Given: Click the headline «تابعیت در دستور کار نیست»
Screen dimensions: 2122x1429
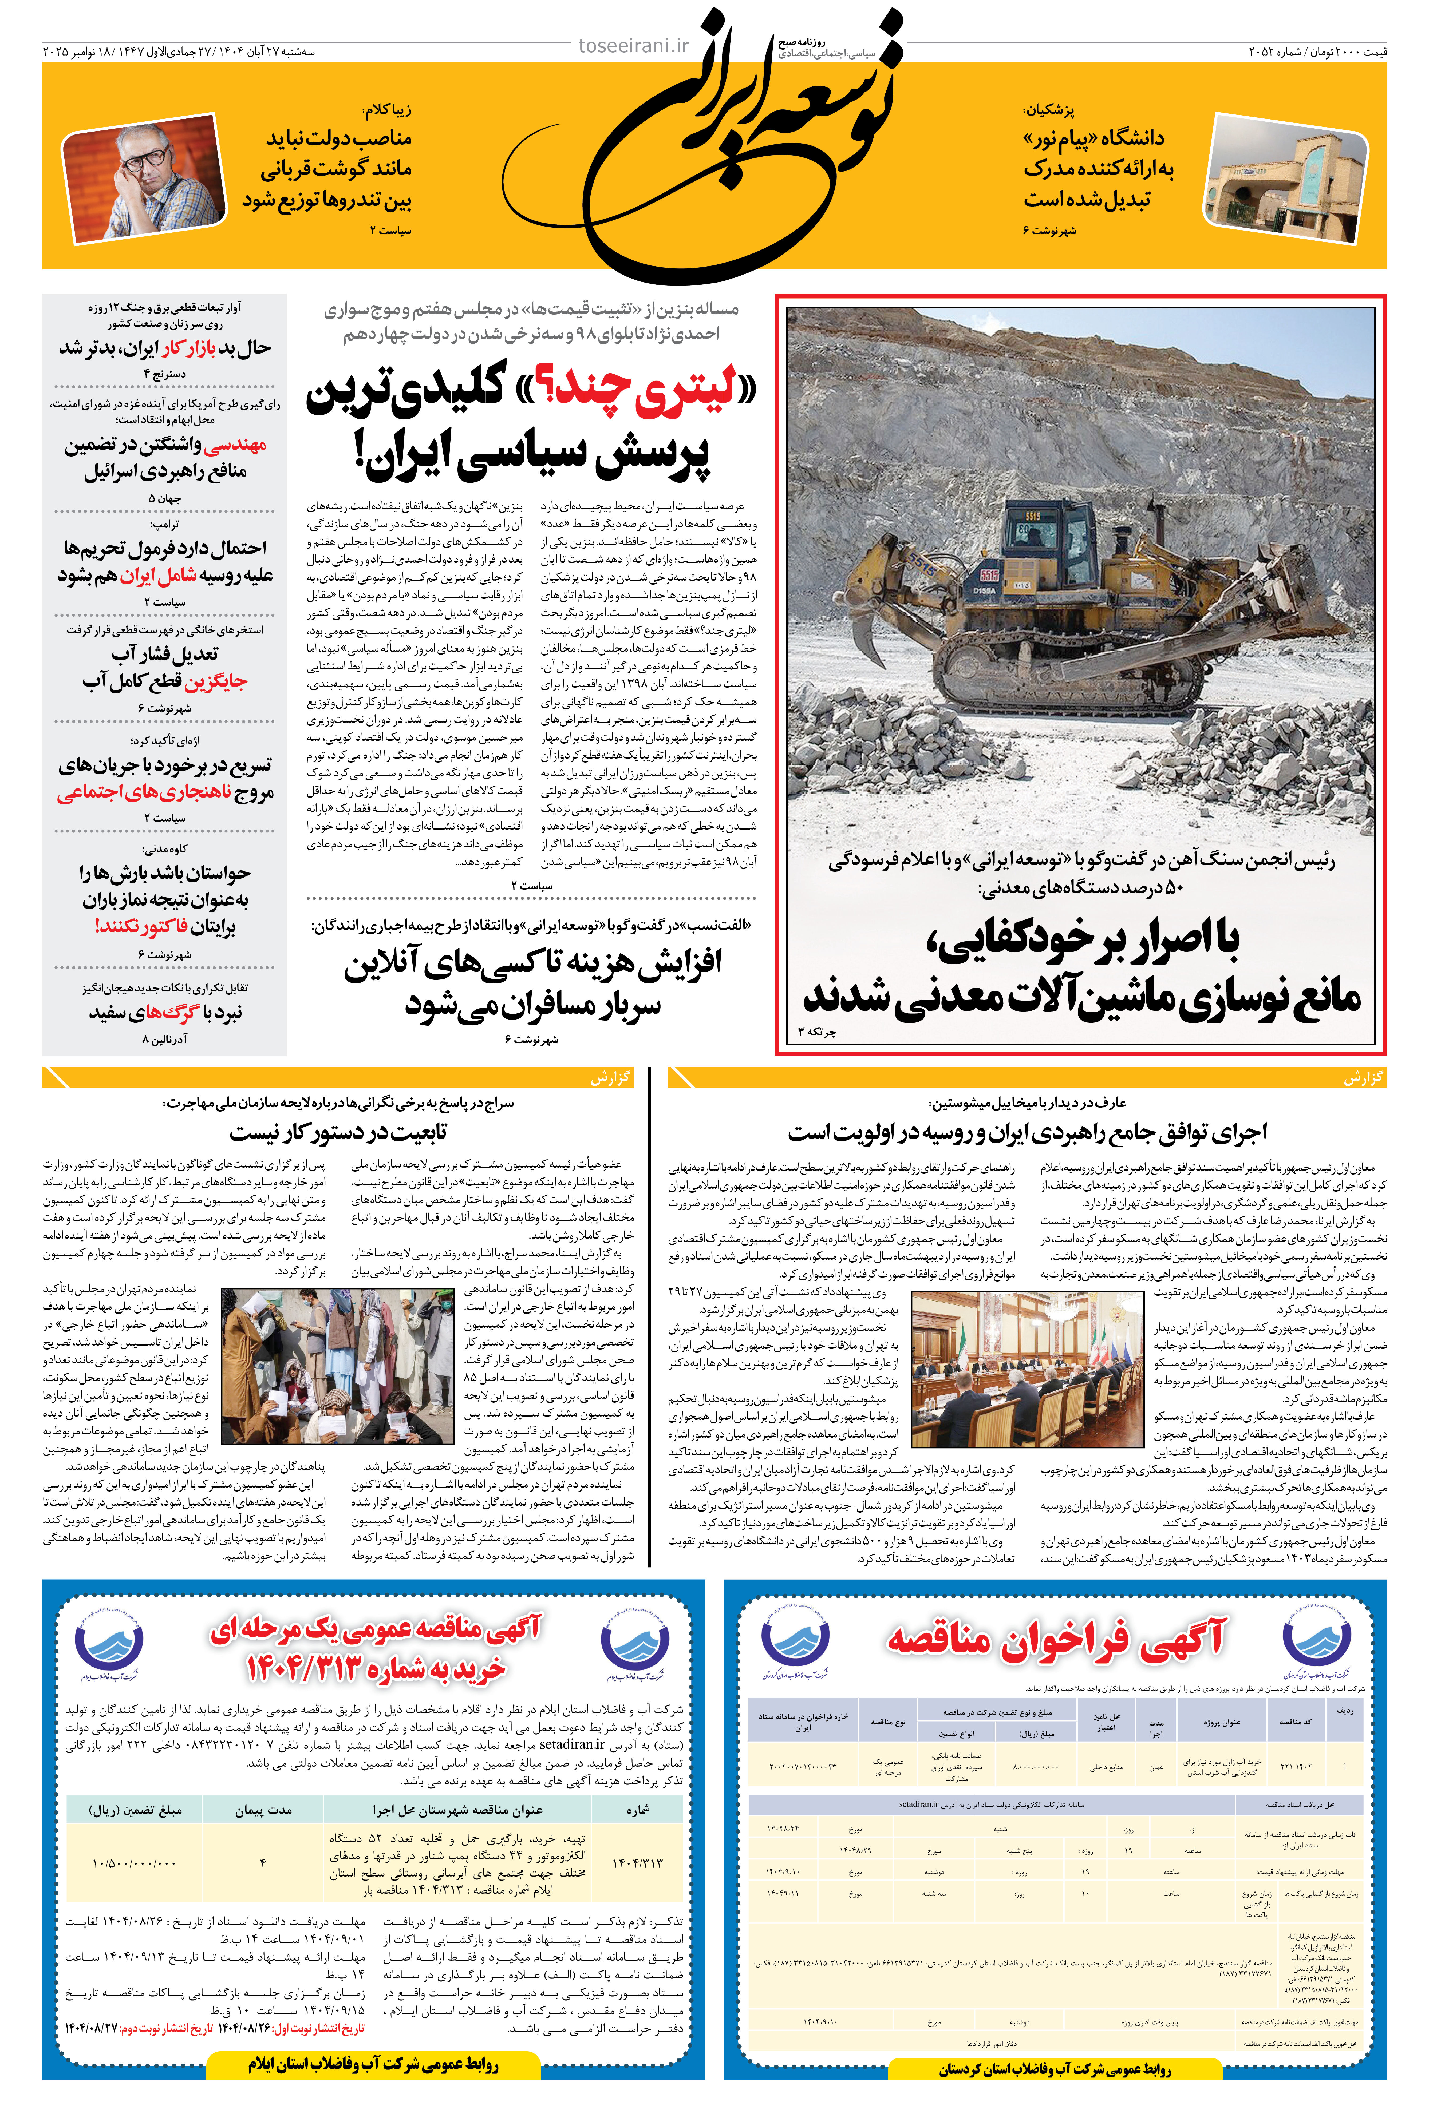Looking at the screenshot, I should [338, 1133].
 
